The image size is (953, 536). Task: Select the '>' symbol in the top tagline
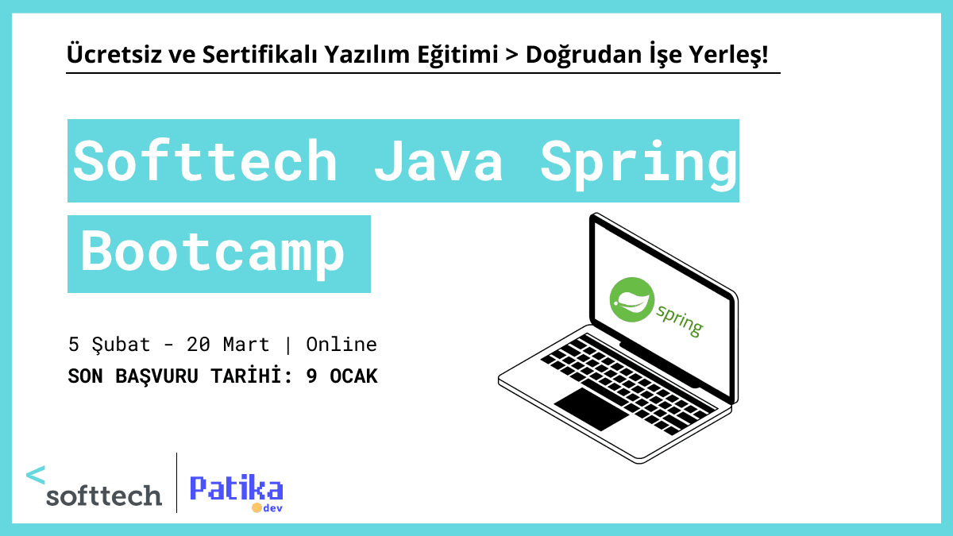(x=511, y=56)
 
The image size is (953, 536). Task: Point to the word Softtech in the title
(x=206, y=161)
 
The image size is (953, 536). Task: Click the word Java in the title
(x=438, y=161)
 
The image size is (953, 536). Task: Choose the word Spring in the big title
(x=639, y=161)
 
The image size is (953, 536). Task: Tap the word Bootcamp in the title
(x=214, y=253)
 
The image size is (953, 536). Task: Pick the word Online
(x=341, y=345)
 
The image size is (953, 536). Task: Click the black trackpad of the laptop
(x=589, y=408)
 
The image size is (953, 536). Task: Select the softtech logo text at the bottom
(x=104, y=496)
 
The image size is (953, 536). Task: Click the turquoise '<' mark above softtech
(x=36, y=475)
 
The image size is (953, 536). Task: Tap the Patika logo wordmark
(x=236, y=488)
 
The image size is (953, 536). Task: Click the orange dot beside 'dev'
(x=257, y=507)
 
